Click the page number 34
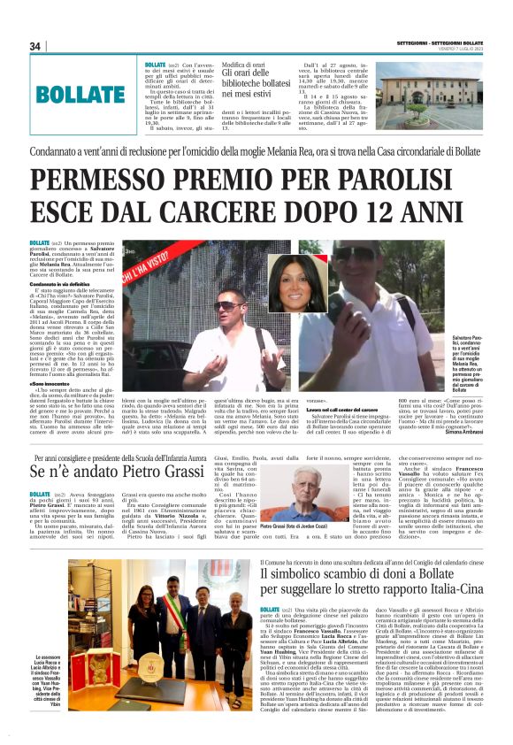[35, 46]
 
